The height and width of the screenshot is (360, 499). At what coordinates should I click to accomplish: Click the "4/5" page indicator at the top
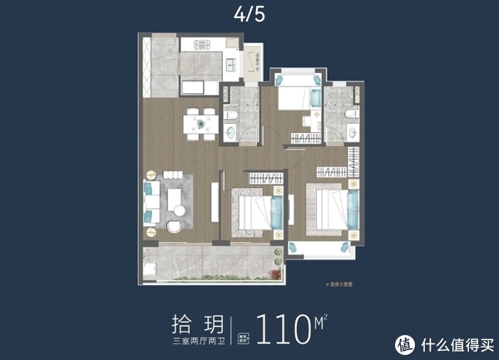point(249,14)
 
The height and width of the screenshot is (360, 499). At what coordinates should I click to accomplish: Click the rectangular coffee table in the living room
point(176,200)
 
